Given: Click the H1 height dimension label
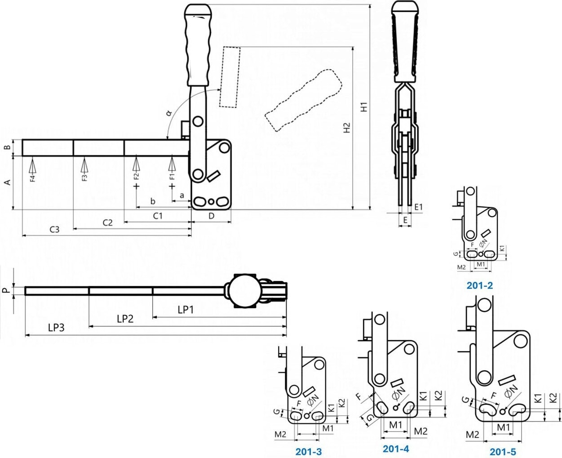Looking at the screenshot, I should [364, 107].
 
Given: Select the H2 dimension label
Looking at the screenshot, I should [346, 128].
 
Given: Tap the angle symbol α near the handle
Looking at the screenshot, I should [169, 112].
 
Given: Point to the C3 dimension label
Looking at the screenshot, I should [54, 229].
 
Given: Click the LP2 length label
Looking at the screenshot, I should [125, 319].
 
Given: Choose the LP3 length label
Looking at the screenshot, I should [56, 328].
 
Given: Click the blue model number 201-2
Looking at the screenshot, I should [479, 285].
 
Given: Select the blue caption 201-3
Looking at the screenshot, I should [309, 451].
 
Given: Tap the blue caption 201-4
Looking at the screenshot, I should [396, 449].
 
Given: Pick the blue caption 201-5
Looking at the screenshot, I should [503, 452].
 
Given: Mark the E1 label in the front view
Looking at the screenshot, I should [418, 207].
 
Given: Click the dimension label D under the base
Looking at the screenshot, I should [212, 216].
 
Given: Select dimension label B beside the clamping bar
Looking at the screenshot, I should [7, 147].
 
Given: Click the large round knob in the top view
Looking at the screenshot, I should [244, 291].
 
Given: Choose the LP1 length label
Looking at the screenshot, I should [186, 310].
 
